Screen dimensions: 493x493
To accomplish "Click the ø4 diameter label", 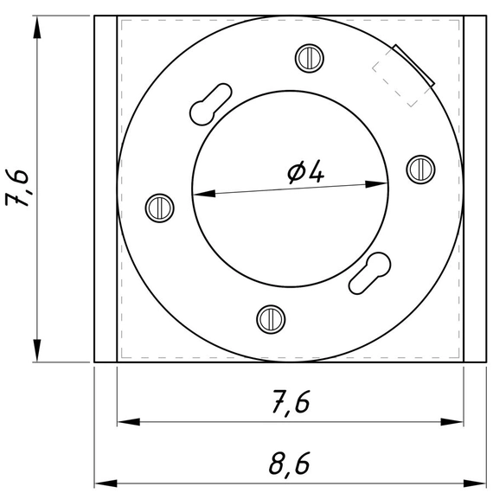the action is (305, 171).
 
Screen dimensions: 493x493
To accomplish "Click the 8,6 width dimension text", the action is (290, 464).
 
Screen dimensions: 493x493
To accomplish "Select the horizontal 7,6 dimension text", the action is (291, 402).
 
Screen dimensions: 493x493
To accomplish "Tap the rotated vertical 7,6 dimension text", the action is (17, 188).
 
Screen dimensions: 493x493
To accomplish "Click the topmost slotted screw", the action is (310, 59).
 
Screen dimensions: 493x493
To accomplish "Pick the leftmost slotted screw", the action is (160, 208).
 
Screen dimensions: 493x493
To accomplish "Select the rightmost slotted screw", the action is (421, 170).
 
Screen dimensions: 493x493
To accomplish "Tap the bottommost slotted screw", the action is (271, 319).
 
